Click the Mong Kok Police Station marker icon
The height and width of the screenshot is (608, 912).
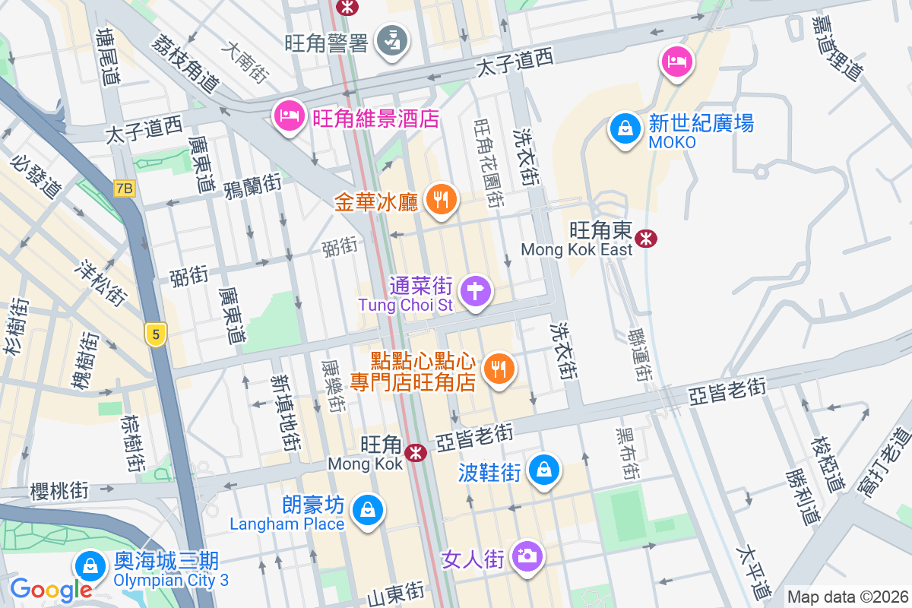pos(393,40)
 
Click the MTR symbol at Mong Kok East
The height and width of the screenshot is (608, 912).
pos(647,239)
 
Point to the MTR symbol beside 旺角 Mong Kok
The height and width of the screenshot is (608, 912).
pos(415,453)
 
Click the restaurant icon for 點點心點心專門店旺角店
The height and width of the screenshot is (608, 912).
pos(499,370)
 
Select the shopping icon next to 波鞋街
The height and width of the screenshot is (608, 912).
pos(545,470)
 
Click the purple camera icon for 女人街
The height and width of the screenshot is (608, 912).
pos(526,557)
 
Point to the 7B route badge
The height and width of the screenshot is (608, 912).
pos(125,188)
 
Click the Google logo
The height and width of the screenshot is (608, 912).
pos(51,589)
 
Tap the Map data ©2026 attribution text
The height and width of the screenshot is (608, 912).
pos(847,597)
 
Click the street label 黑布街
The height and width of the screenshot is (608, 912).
pos(626,452)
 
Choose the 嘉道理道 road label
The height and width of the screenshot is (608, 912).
pos(838,47)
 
